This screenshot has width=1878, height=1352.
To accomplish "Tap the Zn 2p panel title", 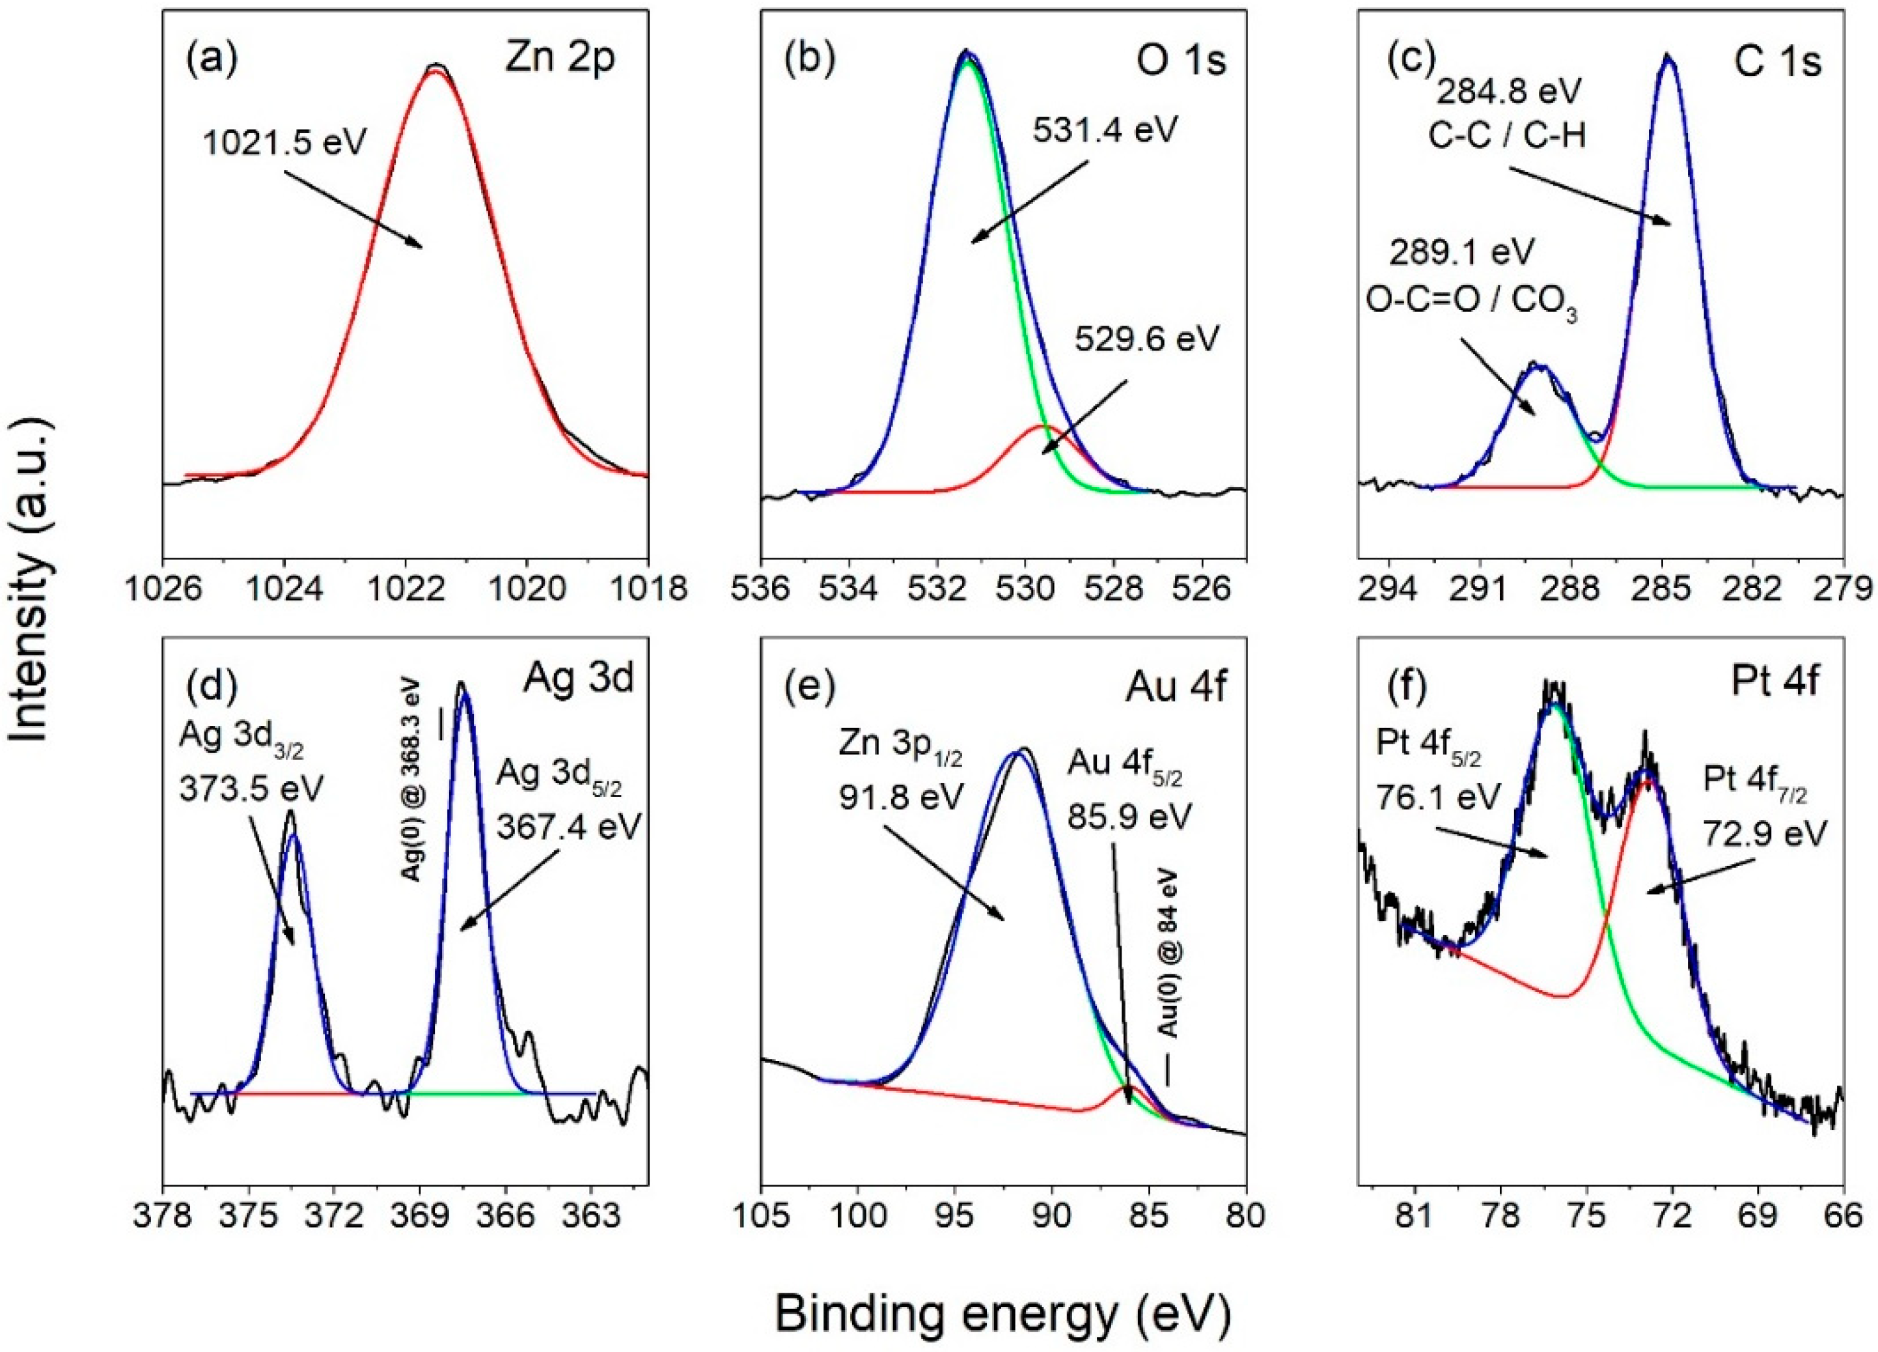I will pos(560,62).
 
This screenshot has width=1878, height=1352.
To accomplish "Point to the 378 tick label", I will pos(163,1220).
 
